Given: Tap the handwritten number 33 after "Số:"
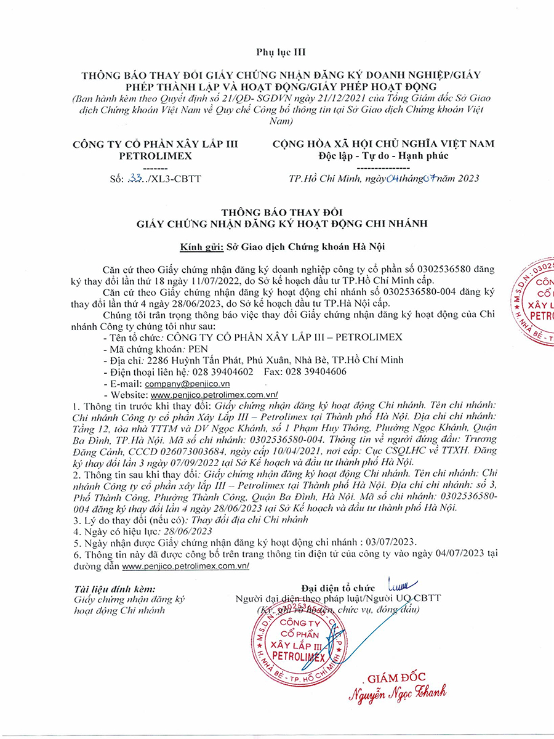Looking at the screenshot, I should [134, 179].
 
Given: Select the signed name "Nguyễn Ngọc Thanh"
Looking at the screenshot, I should [398, 694].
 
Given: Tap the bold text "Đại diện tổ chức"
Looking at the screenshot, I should [338, 588].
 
